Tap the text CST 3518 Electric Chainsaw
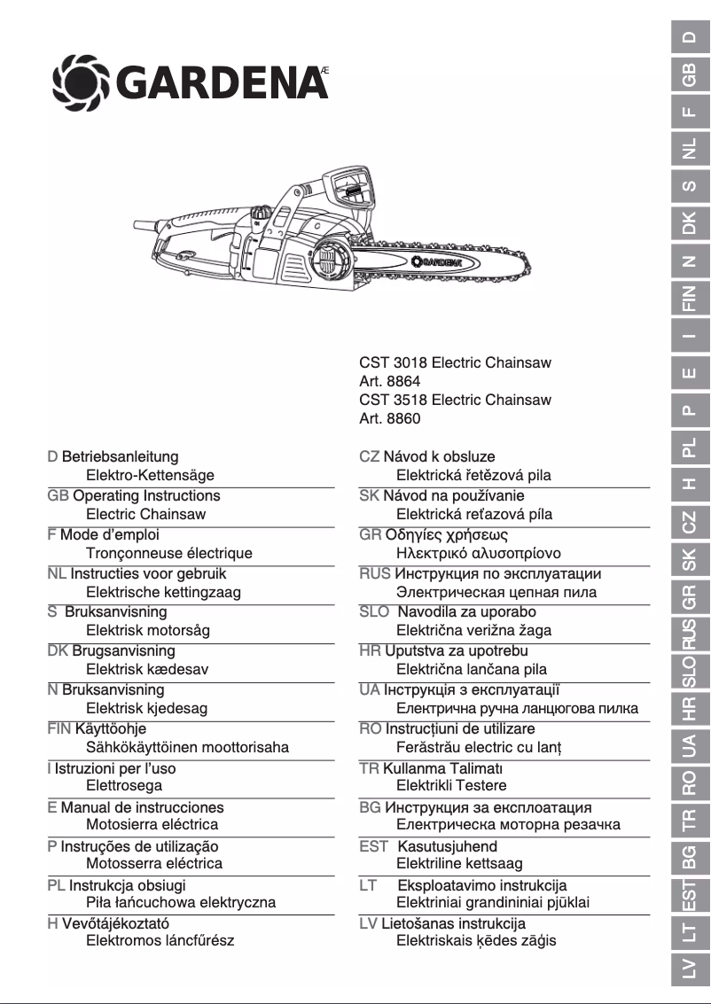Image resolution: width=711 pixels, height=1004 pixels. tap(455, 400)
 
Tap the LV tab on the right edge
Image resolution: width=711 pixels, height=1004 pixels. tap(689, 974)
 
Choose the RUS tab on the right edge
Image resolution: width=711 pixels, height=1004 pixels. tap(689, 634)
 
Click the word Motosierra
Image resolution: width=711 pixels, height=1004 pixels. tap(121, 824)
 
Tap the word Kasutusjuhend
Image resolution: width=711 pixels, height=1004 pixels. tap(447, 846)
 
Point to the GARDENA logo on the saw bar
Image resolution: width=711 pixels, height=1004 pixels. tap(437, 261)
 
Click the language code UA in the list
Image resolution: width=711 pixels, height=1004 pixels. tap(370, 690)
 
